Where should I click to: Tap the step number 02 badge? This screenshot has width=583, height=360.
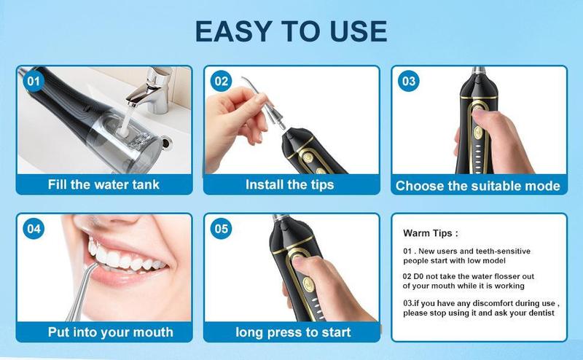coord(222,82)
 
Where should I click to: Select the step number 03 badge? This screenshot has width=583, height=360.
coord(409,82)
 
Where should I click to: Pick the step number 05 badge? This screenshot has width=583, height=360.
coord(222,229)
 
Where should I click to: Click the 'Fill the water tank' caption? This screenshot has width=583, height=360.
coord(103,184)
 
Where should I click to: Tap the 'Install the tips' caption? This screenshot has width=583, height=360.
coord(289,184)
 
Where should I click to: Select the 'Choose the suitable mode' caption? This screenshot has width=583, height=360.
coord(478,186)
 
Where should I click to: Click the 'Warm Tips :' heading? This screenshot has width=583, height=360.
coord(431,234)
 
